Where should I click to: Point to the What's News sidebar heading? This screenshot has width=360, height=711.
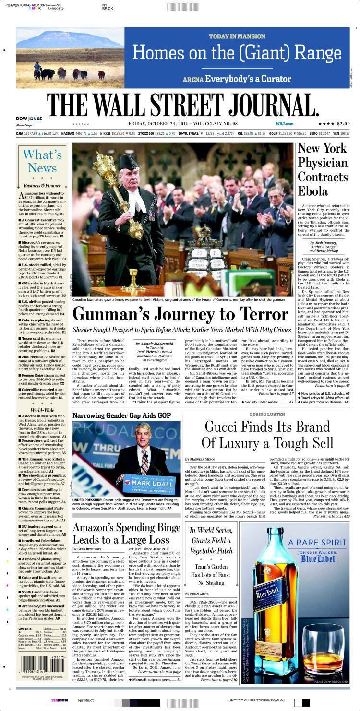point(42,161)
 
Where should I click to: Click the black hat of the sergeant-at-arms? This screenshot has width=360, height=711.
point(129,162)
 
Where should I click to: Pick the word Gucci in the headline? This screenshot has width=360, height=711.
point(225,427)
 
